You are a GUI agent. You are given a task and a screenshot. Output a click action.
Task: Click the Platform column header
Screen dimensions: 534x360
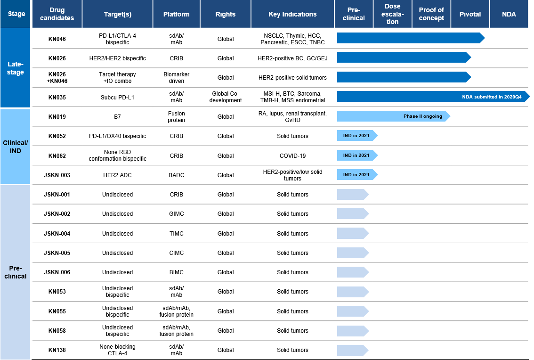pos(177,14)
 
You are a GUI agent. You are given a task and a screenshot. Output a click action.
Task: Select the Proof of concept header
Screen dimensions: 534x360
pos(431,14)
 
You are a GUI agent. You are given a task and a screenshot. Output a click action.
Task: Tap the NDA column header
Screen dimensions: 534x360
pos(509,14)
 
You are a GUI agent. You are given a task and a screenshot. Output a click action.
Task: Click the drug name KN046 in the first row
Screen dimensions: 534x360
pos(57,39)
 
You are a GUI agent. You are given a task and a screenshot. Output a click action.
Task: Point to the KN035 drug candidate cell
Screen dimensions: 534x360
pos(57,97)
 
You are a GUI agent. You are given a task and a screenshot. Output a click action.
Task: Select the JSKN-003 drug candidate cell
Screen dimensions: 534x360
pos(57,175)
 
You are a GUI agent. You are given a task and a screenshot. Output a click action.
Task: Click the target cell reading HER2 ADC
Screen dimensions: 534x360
pos(118,175)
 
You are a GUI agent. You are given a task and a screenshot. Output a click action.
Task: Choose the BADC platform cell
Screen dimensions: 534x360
pos(177,175)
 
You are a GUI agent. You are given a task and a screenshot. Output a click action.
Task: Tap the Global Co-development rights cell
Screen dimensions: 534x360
pos(226,97)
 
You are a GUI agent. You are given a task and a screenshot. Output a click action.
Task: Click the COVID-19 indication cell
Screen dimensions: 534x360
pos(292,156)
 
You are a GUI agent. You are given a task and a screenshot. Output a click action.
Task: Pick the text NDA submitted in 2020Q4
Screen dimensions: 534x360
pos(492,97)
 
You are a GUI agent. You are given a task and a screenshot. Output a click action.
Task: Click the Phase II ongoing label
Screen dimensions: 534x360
pos(423,116)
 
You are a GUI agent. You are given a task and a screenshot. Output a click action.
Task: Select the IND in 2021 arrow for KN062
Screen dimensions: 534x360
pos(357,155)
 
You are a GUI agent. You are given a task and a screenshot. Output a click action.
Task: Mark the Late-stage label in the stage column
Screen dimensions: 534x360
pos(16,68)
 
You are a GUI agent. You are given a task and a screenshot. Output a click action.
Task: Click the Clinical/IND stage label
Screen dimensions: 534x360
pos(16,147)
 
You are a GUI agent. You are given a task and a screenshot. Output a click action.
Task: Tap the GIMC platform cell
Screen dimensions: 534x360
pos(177,214)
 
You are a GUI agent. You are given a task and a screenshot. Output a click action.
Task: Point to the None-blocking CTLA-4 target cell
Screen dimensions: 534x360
pos(118,350)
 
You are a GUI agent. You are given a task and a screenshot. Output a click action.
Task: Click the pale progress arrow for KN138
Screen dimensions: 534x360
pos(353,350)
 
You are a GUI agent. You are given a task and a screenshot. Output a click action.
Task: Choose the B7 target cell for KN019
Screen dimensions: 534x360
pos(118,116)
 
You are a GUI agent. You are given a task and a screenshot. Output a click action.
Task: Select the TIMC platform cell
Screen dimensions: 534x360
pos(177,234)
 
